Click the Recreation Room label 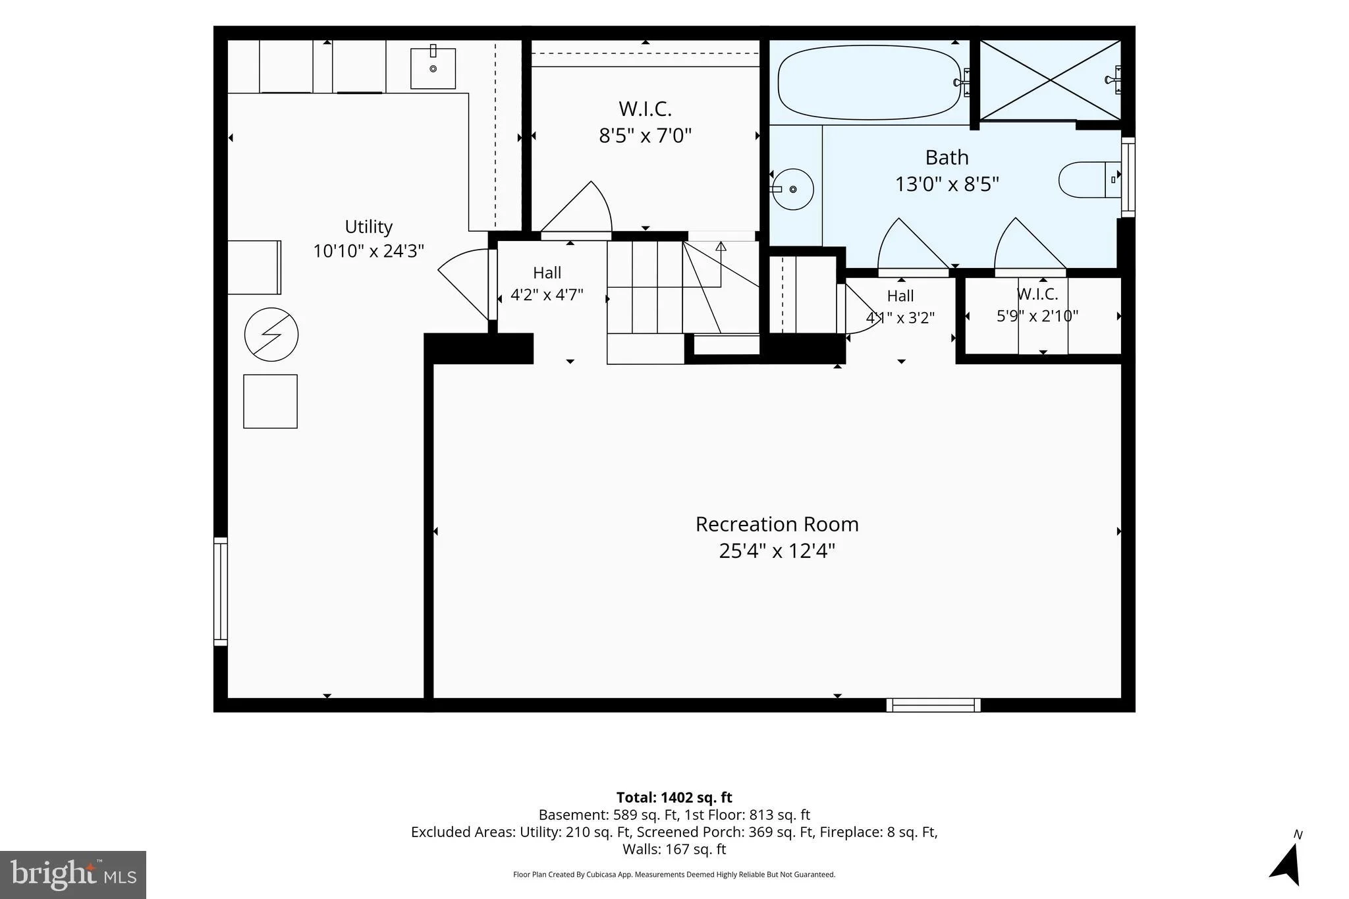coord(777,524)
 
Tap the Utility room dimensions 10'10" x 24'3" coord(368,251)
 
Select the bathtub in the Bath coord(869,82)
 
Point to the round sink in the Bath coord(793,189)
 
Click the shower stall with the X coord(1050,80)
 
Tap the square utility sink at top coord(433,68)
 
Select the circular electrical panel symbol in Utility coord(271,335)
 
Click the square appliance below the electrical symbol coord(270,401)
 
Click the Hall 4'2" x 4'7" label coord(547,283)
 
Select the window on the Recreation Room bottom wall coord(933,705)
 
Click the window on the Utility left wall coord(221,591)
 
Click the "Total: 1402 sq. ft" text coord(674,798)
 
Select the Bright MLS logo coord(73,875)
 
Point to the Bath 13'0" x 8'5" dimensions coord(947,184)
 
